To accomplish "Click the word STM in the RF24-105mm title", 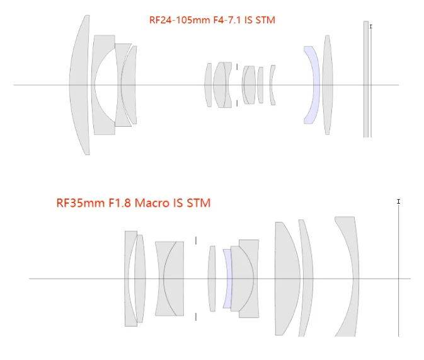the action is tap(265, 20).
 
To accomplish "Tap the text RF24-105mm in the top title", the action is tap(180, 20).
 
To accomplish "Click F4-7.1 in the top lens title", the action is tap(227, 20).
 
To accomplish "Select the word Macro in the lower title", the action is tap(152, 203).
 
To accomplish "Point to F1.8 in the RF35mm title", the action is tap(120, 203).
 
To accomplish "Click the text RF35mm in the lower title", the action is tap(81, 203).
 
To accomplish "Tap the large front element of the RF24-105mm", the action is tap(79, 85).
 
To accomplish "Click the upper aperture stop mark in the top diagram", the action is tap(237, 67).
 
